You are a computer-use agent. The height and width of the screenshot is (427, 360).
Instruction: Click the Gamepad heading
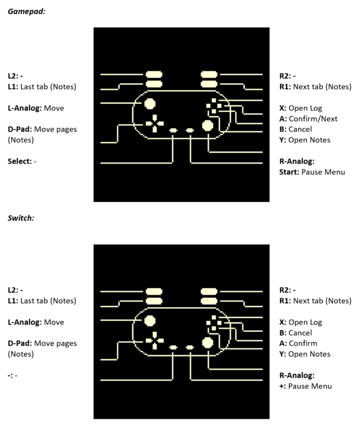click(x=27, y=11)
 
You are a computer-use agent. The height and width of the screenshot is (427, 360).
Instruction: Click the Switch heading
click(x=21, y=218)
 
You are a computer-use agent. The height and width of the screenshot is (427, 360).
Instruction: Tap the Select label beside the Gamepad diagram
click(x=22, y=161)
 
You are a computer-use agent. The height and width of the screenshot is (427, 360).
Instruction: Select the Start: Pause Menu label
click(x=312, y=172)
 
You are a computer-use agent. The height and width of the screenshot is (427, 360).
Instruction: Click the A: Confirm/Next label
click(x=308, y=119)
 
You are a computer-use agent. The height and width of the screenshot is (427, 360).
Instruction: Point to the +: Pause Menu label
click(x=305, y=386)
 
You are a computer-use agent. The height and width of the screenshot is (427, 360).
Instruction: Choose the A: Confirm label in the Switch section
click(x=298, y=343)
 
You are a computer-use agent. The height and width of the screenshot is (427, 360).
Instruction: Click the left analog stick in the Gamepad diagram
click(x=150, y=104)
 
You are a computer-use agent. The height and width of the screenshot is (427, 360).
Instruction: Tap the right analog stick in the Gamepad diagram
click(x=208, y=126)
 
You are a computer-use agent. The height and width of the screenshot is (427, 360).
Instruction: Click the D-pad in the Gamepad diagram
click(x=155, y=123)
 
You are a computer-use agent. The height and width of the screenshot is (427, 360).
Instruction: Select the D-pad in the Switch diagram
click(x=155, y=341)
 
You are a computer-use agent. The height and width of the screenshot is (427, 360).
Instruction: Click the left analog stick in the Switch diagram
click(x=150, y=321)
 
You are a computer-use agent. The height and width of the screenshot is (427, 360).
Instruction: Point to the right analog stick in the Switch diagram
click(x=208, y=342)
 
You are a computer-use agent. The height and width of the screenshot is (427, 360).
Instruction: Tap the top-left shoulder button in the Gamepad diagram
click(x=154, y=74)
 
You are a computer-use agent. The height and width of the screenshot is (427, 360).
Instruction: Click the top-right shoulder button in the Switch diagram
click(x=209, y=292)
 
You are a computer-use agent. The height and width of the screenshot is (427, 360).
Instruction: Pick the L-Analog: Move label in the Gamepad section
click(x=36, y=108)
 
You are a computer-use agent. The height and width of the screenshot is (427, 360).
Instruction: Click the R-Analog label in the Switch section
click(x=297, y=376)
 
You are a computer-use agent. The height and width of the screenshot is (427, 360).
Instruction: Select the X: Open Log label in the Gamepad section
click(x=301, y=108)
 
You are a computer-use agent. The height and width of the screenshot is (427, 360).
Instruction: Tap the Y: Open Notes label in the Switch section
click(x=305, y=354)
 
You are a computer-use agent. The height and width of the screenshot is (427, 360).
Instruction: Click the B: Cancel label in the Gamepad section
click(x=295, y=129)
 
